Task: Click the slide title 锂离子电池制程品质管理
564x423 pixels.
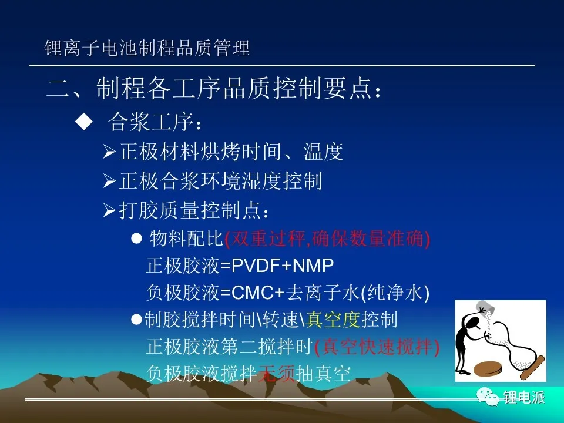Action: coord(147,48)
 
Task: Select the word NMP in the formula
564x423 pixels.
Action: coord(313,266)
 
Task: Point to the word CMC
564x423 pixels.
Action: coord(252,293)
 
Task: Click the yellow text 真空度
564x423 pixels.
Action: coord(333,320)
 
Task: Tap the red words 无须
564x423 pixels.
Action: coord(277,373)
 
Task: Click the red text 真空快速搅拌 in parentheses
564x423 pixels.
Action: coord(377,347)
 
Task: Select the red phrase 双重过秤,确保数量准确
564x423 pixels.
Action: coord(327,239)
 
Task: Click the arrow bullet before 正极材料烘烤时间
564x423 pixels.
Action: coord(109,152)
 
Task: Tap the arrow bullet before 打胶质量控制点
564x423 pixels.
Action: coord(109,210)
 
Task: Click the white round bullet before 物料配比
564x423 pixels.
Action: coord(137,239)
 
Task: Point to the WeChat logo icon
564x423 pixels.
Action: coord(488,397)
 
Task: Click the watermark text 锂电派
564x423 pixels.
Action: coord(525,397)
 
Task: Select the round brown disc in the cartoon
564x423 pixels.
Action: coord(488,369)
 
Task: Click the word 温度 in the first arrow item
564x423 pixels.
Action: coord(323,152)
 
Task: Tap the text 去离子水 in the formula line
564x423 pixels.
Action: coord(323,293)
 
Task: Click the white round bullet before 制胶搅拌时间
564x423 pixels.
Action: coord(137,320)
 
